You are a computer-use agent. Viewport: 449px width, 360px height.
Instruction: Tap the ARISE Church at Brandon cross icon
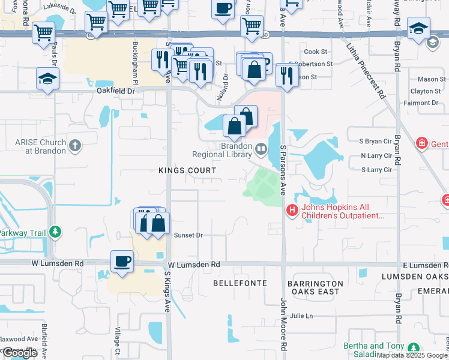[x=75, y=145]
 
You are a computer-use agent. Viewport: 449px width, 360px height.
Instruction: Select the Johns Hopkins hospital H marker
[x=292, y=210]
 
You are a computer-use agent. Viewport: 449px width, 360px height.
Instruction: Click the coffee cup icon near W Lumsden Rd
[x=122, y=261]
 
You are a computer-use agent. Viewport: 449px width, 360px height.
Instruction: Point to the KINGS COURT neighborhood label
[x=187, y=170]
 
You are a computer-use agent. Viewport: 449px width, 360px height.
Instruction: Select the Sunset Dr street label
[x=188, y=235]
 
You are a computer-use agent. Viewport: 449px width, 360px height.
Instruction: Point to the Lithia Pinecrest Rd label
[x=364, y=67]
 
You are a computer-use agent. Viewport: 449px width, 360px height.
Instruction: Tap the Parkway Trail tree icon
[x=55, y=231]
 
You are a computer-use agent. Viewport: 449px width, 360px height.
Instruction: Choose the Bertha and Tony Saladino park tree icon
[x=413, y=347]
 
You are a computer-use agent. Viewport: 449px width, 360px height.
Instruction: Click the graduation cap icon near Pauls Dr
[x=47, y=79]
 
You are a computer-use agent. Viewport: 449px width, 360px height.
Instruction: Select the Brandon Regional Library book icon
[x=261, y=149]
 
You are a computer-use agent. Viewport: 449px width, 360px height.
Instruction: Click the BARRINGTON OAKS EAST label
[x=315, y=287]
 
